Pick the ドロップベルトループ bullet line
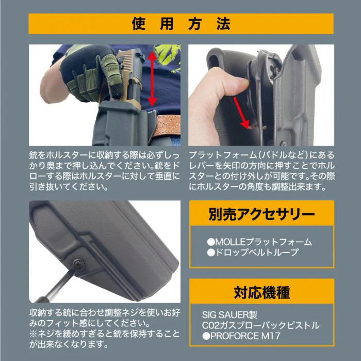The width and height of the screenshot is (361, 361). (252, 253)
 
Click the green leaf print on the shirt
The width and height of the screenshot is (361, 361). (168, 54)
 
